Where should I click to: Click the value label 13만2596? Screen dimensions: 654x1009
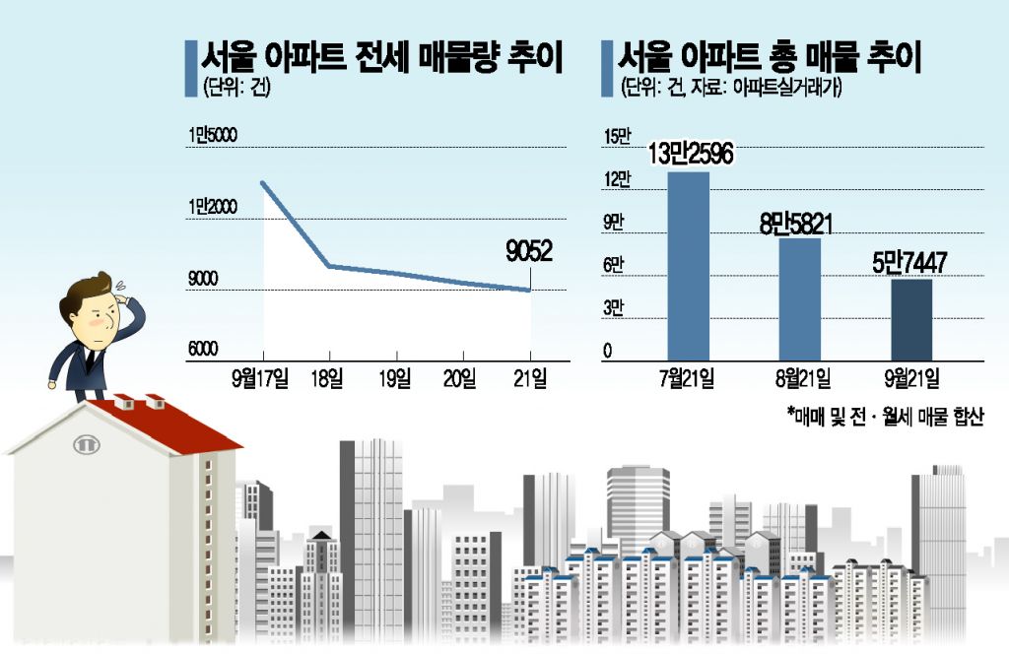click(x=691, y=155)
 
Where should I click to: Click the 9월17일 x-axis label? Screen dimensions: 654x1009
click(x=260, y=377)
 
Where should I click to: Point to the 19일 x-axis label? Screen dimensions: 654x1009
click(x=395, y=377)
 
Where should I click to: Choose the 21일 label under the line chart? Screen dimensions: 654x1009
click(x=531, y=377)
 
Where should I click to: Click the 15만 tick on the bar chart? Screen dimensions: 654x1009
click(x=616, y=136)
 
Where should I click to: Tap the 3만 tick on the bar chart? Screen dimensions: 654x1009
click(x=615, y=308)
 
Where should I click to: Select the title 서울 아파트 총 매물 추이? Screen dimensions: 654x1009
click(x=770, y=58)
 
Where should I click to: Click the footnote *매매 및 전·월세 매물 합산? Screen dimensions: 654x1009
click(x=886, y=418)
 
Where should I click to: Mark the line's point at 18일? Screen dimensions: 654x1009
click(x=328, y=266)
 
